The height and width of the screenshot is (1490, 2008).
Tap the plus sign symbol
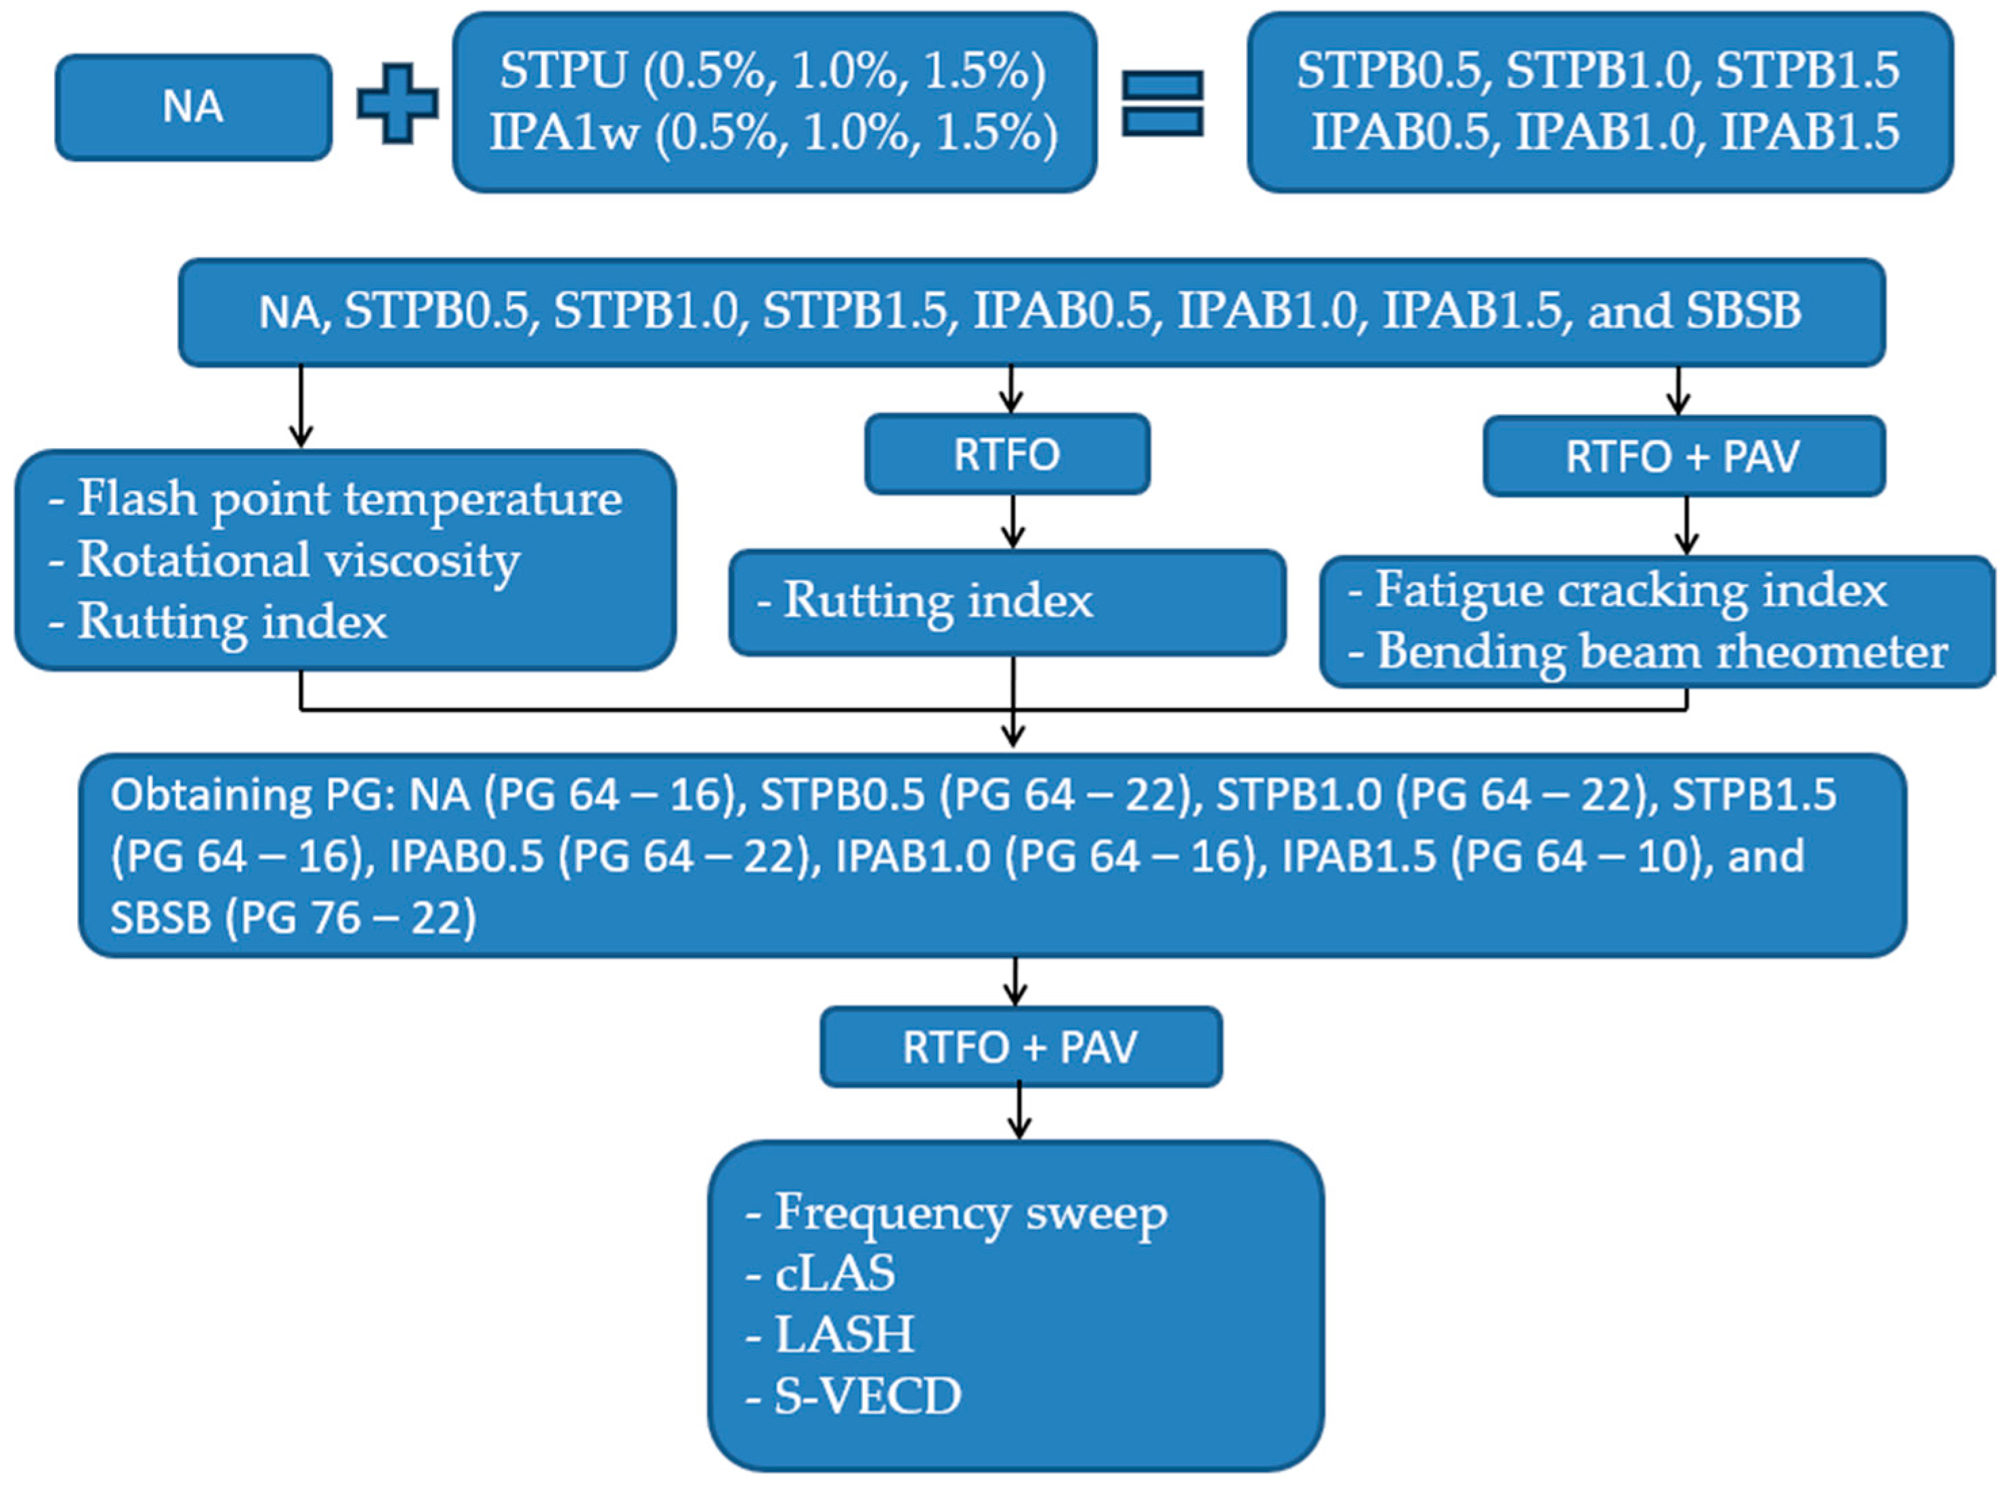(x=397, y=103)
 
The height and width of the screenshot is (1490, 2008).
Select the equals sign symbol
(x=1162, y=103)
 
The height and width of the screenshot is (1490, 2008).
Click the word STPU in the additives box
(x=563, y=70)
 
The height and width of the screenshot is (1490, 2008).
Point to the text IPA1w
(x=565, y=133)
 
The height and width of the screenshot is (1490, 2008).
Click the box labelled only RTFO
(x=1006, y=454)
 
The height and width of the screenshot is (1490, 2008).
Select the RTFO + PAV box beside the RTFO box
(x=1683, y=456)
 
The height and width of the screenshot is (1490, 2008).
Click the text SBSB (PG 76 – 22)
(x=293, y=917)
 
